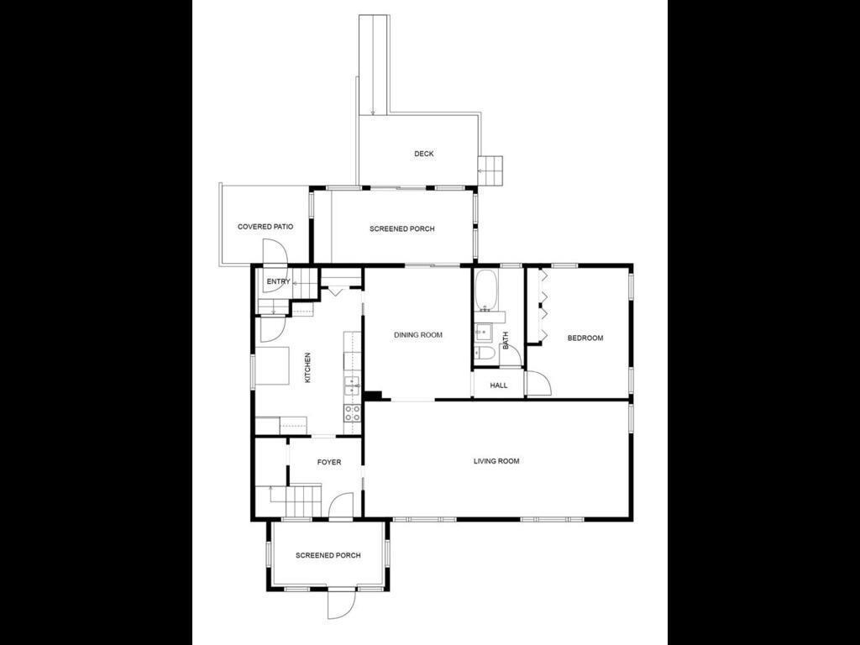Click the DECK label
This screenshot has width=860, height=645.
click(424, 154)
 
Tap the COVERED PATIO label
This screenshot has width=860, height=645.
click(265, 227)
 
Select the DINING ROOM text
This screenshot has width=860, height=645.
click(418, 335)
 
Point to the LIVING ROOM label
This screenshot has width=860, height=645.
click(496, 461)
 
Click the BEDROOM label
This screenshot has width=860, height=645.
click(585, 338)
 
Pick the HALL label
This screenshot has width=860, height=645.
click(499, 385)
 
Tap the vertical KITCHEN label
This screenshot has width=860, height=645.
click(307, 368)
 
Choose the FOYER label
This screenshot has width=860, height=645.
click(329, 462)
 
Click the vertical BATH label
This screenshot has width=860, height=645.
click(506, 340)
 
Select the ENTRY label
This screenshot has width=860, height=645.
click(278, 281)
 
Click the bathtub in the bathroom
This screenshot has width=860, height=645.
click(487, 290)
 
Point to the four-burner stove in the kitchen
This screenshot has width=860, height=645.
click(352, 412)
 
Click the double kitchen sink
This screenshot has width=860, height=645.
click(352, 385)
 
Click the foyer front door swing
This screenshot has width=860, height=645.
click(339, 506)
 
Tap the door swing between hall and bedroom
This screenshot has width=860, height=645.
click(538, 384)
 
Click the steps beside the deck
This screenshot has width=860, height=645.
click(491, 170)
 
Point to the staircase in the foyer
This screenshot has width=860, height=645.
click(302, 501)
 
